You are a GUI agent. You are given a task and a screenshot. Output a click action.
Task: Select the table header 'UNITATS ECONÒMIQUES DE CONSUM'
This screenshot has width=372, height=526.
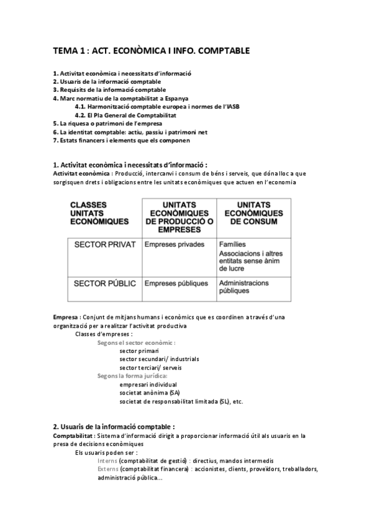(253, 212)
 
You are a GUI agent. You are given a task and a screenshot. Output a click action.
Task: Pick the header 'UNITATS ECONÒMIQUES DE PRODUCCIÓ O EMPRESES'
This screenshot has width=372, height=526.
(179, 216)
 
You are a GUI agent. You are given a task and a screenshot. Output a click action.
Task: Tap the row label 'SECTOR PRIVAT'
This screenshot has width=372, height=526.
(104, 244)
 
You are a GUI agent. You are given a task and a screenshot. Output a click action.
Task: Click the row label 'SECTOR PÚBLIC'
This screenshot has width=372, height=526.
(104, 283)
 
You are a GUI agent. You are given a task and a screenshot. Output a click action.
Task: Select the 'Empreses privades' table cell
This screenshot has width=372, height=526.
(174, 244)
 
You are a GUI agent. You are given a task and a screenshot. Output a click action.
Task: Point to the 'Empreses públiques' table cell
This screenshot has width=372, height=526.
(176, 283)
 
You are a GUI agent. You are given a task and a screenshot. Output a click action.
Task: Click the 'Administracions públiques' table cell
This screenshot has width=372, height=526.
(243, 287)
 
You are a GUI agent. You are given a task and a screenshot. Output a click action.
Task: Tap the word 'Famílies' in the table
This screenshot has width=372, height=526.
(232, 244)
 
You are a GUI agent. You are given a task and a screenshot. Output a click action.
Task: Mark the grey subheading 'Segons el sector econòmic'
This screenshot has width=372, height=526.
(137, 342)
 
